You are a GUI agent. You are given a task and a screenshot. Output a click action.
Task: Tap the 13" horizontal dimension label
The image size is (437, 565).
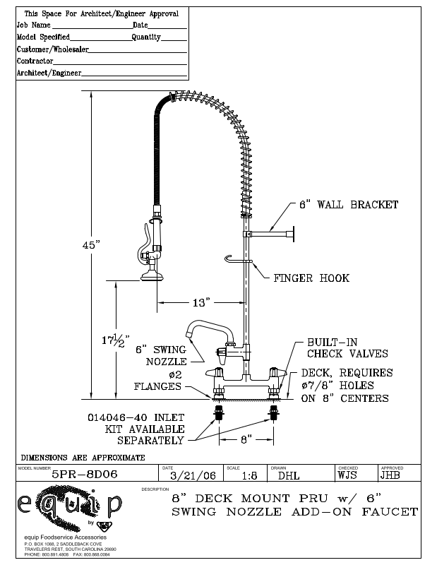pos(201,302)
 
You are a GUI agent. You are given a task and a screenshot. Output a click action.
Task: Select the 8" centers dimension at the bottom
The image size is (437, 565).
pos(246,439)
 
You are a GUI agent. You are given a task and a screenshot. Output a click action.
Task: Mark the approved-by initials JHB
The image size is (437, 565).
pos(390,475)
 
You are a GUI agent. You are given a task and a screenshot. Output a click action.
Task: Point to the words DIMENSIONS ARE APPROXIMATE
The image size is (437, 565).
pos(83,457)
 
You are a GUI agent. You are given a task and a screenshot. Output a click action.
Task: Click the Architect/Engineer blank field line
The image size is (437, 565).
pos(134,73)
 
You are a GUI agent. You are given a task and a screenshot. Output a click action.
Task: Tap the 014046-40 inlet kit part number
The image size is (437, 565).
pos(136,417)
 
